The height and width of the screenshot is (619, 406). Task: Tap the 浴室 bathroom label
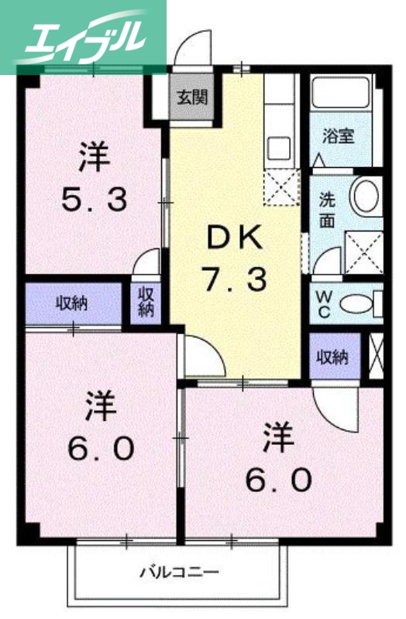tap(338, 136)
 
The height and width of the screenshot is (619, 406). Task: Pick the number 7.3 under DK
tap(233, 279)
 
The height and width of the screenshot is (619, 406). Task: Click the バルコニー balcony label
tap(179, 573)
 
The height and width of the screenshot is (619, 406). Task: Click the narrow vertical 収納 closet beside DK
tap(146, 302)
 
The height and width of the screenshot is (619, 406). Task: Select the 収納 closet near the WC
tap(332, 357)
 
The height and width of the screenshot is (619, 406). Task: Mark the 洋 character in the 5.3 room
tap(94, 157)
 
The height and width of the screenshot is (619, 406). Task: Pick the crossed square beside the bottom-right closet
tap(377, 356)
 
